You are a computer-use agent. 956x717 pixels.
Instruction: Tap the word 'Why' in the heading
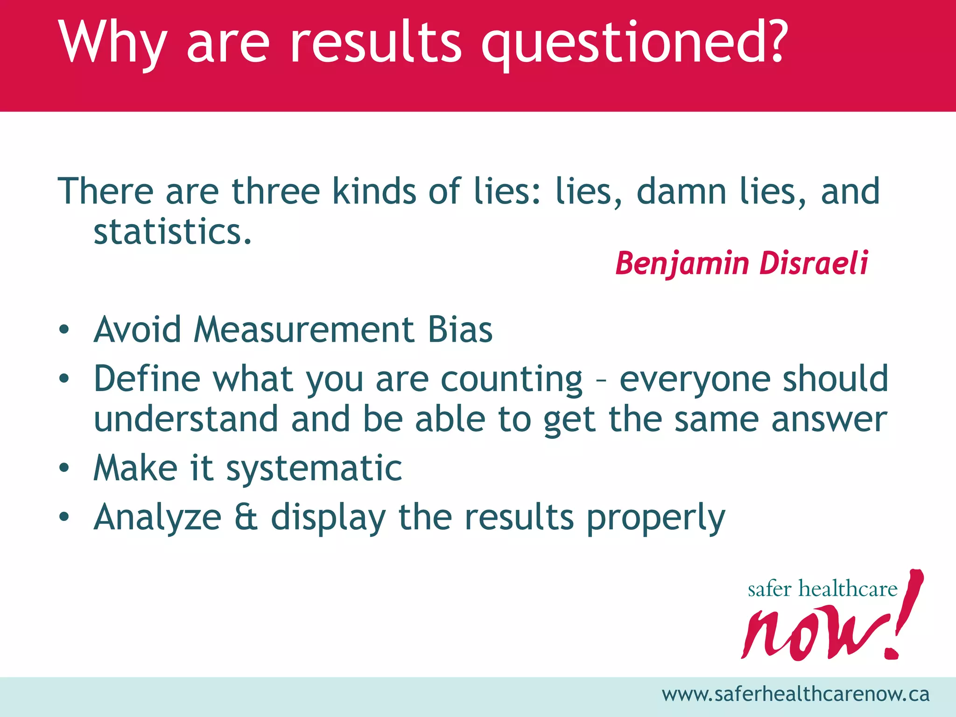click(x=112, y=44)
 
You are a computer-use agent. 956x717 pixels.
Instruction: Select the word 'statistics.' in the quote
click(x=173, y=232)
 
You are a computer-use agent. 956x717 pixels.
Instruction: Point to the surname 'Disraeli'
click(x=814, y=263)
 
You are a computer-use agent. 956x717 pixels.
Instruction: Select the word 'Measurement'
click(x=303, y=330)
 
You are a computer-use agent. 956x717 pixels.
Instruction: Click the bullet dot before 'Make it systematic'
click(x=64, y=467)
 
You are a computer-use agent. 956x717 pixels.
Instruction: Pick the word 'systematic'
click(x=314, y=468)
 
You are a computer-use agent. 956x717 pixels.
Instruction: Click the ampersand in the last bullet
click(x=246, y=517)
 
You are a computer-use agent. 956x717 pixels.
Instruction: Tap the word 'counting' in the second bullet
click(x=512, y=379)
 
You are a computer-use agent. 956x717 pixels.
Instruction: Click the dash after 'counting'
click(x=601, y=380)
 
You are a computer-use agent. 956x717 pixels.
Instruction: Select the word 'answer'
click(x=829, y=419)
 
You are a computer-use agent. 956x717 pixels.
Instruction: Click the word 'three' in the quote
click(x=275, y=191)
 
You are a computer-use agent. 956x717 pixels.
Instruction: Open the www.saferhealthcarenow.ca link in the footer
click(x=795, y=694)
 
